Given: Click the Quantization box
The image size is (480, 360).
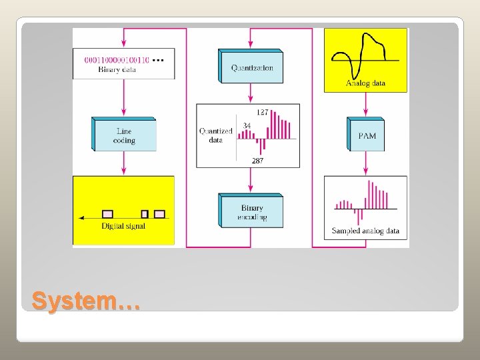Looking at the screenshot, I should pyautogui.click(x=252, y=67).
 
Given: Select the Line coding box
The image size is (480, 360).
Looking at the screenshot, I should pyautogui.click(x=125, y=135).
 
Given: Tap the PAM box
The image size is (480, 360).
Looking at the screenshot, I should pyautogui.click(x=367, y=135).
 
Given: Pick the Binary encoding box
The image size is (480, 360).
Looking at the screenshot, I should pyautogui.click(x=252, y=211).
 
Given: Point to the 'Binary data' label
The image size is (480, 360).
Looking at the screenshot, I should pyautogui.click(x=117, y=69).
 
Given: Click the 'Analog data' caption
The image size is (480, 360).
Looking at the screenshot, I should pyautogui.click(x=366, y=83).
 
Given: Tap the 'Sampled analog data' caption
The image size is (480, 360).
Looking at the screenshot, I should pyautogui.click(x=365, y=231).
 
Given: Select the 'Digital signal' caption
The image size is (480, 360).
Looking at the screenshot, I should pyautogui.click(x=123, y=227).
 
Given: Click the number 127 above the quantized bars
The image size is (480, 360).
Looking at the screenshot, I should pyautogui.click(x=262, y=112).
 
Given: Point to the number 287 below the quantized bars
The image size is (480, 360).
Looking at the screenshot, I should pyautogui.click(x=257, y=161).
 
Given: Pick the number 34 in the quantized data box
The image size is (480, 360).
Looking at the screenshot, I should pyautogui.click(x=247, y=125).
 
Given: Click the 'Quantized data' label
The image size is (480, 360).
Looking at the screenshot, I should pyautogui.click(x=215, y=135).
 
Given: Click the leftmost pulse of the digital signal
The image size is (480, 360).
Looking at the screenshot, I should pyautogui.click(x=107, y=214).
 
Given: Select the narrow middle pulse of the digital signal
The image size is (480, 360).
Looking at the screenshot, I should pyautogui.click(x=144, y=214).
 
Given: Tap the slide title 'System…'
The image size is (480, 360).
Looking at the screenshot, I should pyautogui.click(x=86, y=301).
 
